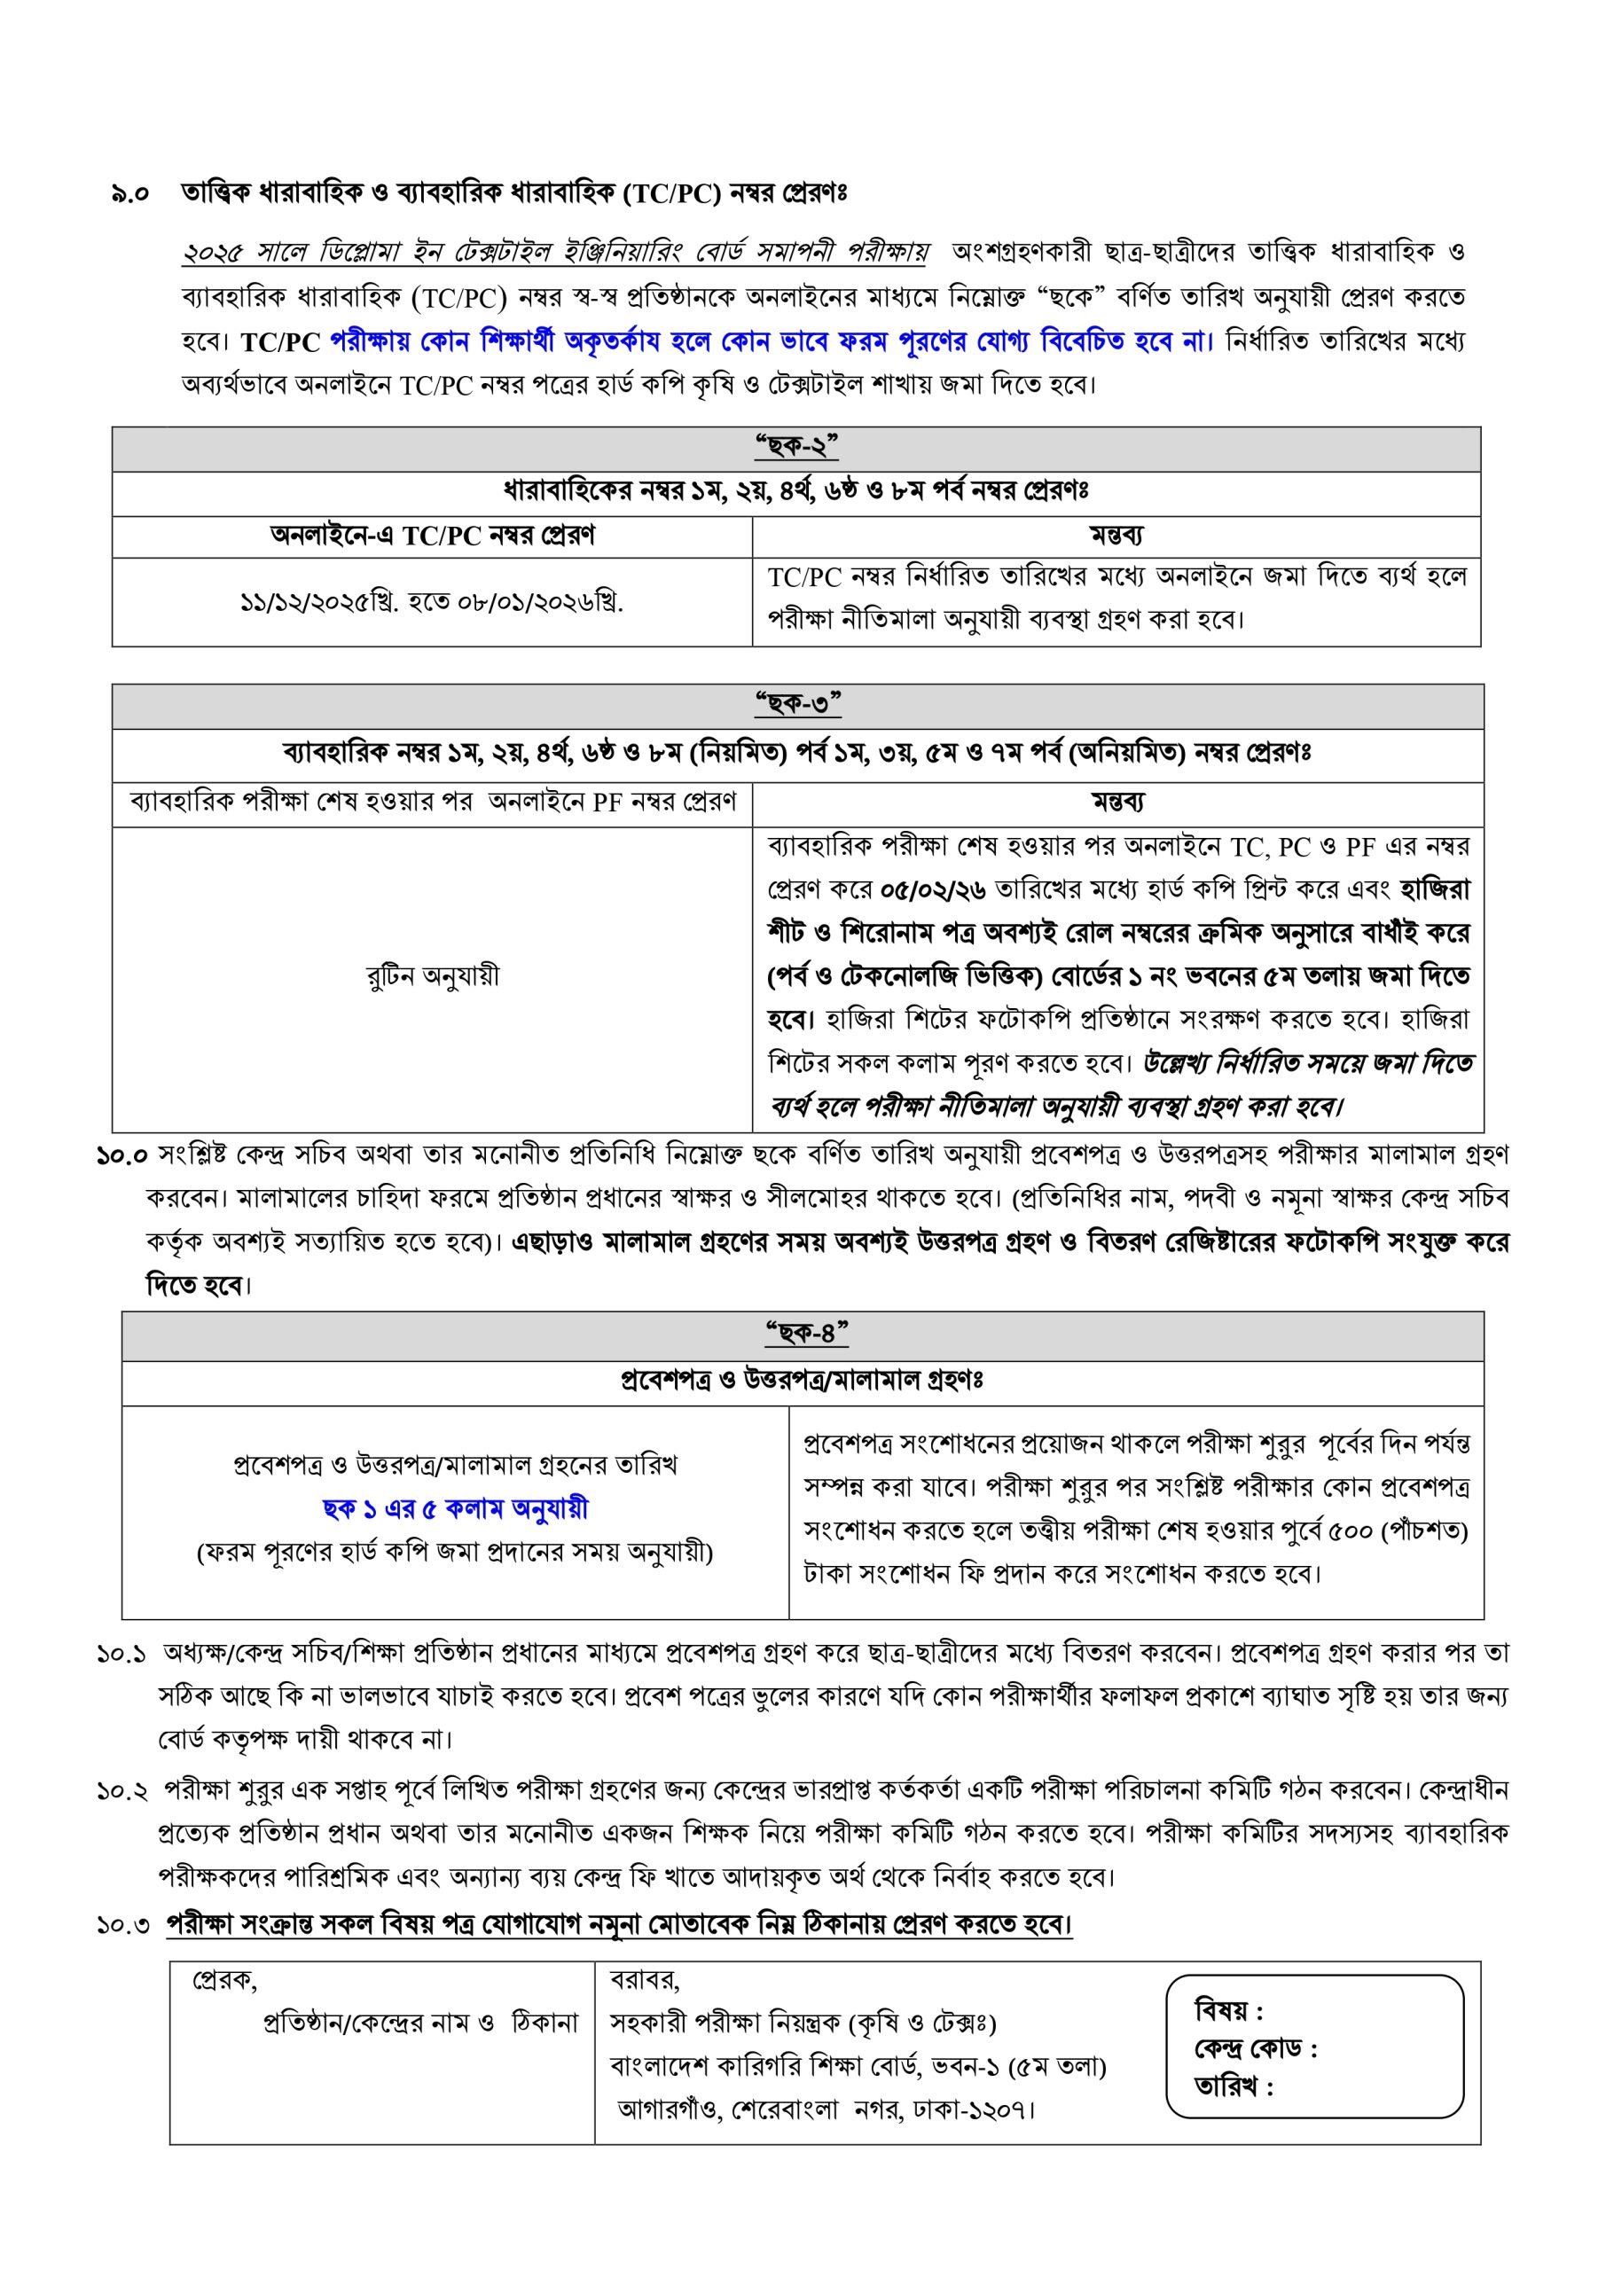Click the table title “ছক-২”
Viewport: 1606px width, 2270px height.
pyautogui.click(x=796, y=448)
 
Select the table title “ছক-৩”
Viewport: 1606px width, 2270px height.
pyautogui.click(x=797, y=705)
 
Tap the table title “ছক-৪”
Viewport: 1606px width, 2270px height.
pyautogui.click(x=807, y=1334)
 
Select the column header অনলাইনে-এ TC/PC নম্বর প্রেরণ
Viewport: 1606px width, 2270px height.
pyautogui.click(x=432, y=536)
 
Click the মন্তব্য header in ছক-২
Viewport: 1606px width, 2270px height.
pyautogui.click(x=1116, y=536)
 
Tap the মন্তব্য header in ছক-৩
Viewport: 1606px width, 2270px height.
pyautogui.click(x=1117, y=802)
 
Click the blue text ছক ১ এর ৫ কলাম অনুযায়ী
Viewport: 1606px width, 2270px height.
pyautogui.click(x=455, y=1508)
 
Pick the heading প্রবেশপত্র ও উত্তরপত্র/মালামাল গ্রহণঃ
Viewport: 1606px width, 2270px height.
pyautogui.click(x=801, y=1381)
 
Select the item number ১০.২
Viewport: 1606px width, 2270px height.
pyautogui.click(x=122, y=1790)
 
